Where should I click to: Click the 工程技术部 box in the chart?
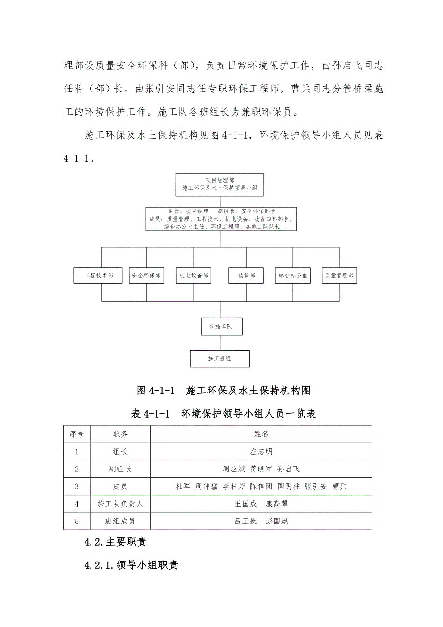(x=99, y=276)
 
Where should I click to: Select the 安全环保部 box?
(x=146, y=276)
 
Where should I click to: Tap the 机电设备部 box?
(x=194, y=276)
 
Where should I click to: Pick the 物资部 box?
(x=246, y=276)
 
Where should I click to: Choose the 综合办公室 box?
(x=293, y=276)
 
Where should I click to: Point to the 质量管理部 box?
(x=339, y=276)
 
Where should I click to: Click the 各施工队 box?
(x=221, y=327)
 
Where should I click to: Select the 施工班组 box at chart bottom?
(x=220, y=359)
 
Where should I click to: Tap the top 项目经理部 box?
(x=220, y=184)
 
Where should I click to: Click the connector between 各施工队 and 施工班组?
(x=220, y=342)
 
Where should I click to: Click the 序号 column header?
(x=77, y=434)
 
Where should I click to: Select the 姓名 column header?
(x=261, y=434)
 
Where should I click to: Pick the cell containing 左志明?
(x=261, y=452)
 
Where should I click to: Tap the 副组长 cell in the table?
(x=120, y=469)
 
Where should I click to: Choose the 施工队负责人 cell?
(x=120, y=504)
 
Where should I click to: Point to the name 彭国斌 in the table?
(x=277, y=521)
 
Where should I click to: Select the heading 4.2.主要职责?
(x=115, y=542)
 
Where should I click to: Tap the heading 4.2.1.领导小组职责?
(x=131, y=565)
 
